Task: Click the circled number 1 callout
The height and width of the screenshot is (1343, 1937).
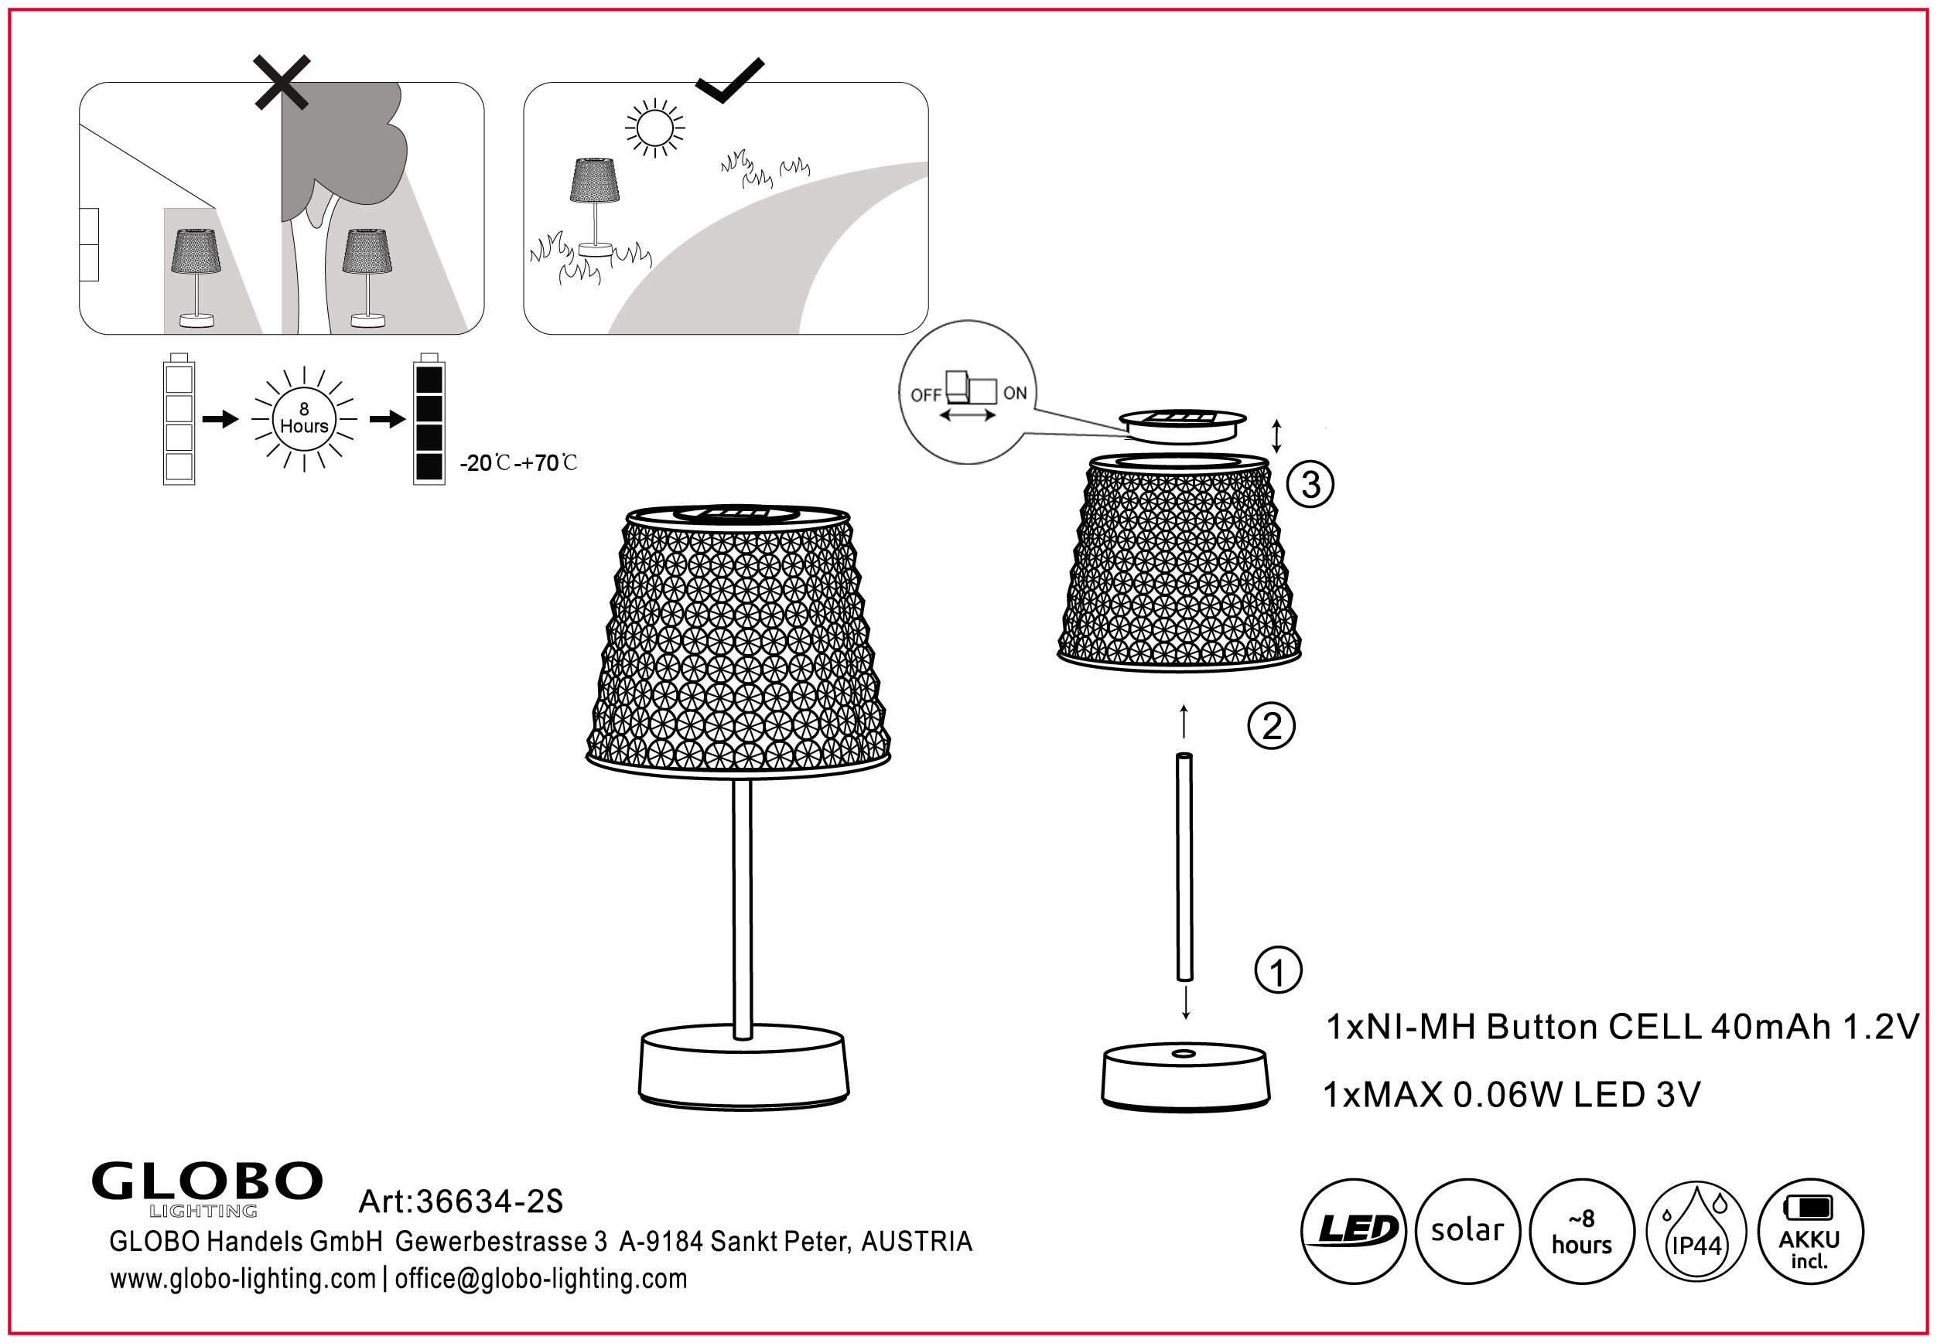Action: click(x=1278, y=970)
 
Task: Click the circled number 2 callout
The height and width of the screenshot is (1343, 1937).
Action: click(x=1271, y=725)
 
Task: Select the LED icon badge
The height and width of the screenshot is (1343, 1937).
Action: click(x=1354, y=1231)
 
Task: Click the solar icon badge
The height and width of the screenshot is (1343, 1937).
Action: click(x=1467, y=1231)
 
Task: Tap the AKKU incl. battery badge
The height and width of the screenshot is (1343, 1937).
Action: click(x=1810, y=1231)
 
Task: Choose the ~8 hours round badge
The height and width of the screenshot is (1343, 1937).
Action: click(x=1582, y=1231)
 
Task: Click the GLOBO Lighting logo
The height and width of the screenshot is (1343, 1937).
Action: click(x=207, y=1189)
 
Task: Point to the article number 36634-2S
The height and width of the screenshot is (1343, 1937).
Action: click(x=460, y=1202)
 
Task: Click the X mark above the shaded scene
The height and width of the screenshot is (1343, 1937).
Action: click(x=282, y=83)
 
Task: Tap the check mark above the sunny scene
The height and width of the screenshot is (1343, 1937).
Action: click(x=729, y=80)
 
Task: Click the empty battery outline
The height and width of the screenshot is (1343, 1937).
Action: click(x=179, y=418)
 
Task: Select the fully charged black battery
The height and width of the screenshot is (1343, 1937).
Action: click(x=429, y=418)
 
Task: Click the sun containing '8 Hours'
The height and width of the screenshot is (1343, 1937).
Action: click(x=304, y=418)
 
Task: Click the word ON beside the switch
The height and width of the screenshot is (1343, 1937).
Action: click(x=1015, y=393)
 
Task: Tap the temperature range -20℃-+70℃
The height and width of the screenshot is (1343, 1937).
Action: click(x=518, y=463)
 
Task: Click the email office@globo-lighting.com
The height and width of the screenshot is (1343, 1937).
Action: click(x=541, y=1279)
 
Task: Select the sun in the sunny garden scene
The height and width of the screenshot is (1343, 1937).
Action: click(x=655, y=128)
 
